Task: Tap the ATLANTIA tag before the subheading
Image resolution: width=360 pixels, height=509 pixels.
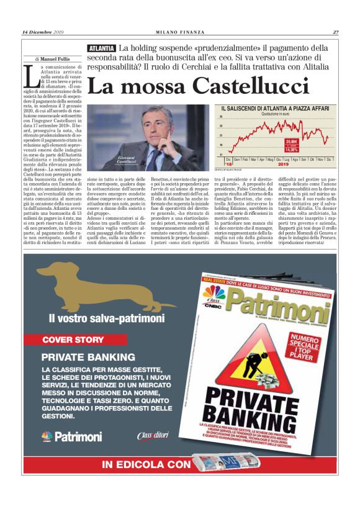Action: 101,48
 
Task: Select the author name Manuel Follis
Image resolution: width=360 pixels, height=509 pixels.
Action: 56,60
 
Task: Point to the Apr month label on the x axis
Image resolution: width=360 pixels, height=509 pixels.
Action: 263,159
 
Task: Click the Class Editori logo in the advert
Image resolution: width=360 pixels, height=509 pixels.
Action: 152,436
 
